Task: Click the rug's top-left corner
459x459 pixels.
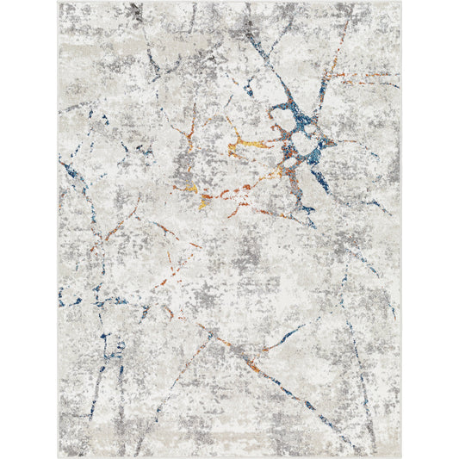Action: pos(59,3)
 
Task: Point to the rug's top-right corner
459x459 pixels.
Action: pos(400,3)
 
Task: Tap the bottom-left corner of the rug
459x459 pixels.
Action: pos(59,456)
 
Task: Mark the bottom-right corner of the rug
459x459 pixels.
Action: pos(400,456)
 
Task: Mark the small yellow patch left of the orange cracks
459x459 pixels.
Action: pos(184,188)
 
